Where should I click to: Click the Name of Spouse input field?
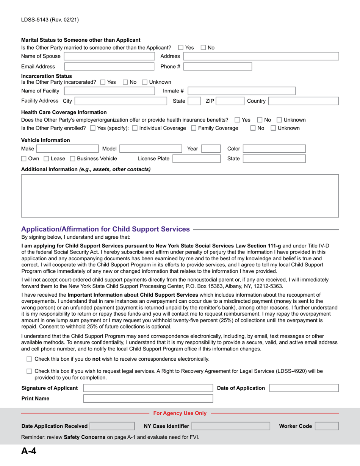(110, 56)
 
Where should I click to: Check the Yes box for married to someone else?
(181, 47)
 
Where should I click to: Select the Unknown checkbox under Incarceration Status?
(145, 82)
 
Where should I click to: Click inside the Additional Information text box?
(180, 195)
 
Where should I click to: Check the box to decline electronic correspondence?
(30, 359)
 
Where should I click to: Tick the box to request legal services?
(30, 371)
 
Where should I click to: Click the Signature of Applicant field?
(148, 388)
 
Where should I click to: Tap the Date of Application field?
(304, 388)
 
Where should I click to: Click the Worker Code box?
(327, 426)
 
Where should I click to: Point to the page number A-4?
(28, 452)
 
